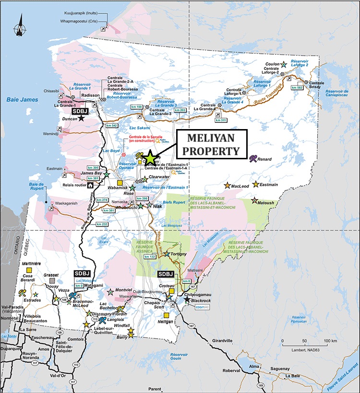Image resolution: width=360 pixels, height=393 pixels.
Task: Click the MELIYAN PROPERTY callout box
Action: click(211, 144)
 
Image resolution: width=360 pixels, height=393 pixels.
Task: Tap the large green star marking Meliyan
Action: click(150, 157)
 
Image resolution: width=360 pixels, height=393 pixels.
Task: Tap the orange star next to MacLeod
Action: click(227, 185)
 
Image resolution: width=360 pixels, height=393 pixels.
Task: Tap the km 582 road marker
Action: click(297, 88)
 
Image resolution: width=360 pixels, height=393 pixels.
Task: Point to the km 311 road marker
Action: click(221, 120)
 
